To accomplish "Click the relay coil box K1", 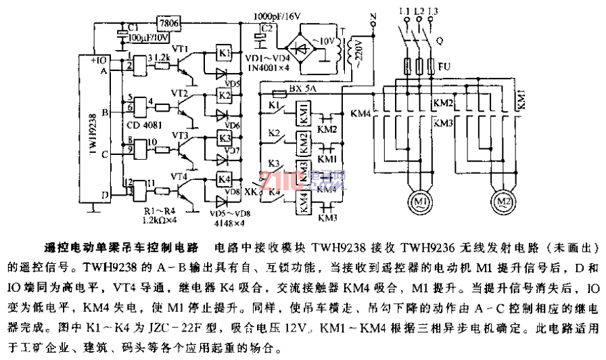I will [x=225, y=53].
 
